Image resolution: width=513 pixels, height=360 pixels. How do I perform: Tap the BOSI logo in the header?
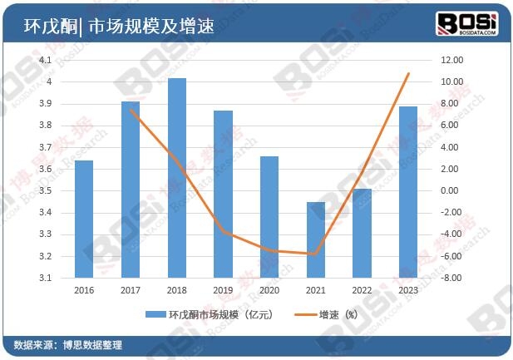point(467,24)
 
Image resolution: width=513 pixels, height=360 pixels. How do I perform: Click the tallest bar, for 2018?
point(177,178)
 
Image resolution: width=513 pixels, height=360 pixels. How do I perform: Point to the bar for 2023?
point(408,192)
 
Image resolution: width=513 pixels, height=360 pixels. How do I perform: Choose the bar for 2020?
point(269,217)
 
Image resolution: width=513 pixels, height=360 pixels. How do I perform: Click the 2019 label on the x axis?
point(223,290)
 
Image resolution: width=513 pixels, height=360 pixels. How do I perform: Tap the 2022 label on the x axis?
point(362,290)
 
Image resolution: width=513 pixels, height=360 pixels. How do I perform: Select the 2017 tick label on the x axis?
point(131,290)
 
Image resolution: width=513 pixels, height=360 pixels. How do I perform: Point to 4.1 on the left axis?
point(44,60)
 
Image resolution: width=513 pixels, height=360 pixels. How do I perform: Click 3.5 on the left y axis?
point(44,190)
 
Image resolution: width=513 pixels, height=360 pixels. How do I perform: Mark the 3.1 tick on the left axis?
point(44,278)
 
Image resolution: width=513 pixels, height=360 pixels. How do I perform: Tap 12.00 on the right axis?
point(451,60)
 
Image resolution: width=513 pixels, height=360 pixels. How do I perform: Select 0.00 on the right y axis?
point(450,190)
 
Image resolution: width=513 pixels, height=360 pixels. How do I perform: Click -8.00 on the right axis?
point(450,278)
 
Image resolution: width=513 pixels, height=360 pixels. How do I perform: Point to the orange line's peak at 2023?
point(408,74)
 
